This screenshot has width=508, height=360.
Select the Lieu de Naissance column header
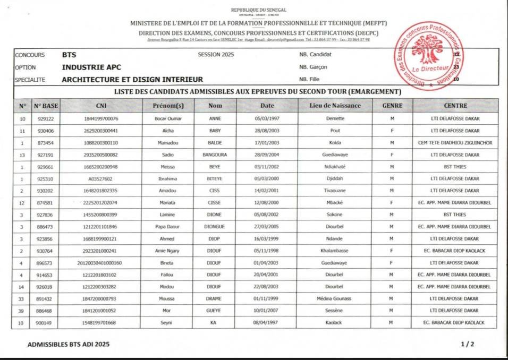[335, 106]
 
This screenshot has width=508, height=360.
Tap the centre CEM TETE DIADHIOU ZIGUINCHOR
[455, 143]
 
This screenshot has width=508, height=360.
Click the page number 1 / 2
[468, 345]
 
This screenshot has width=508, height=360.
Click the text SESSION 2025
[215, 55]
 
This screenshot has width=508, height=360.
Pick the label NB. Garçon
[313, 67]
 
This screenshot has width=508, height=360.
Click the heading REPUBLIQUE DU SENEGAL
[258, 10]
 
